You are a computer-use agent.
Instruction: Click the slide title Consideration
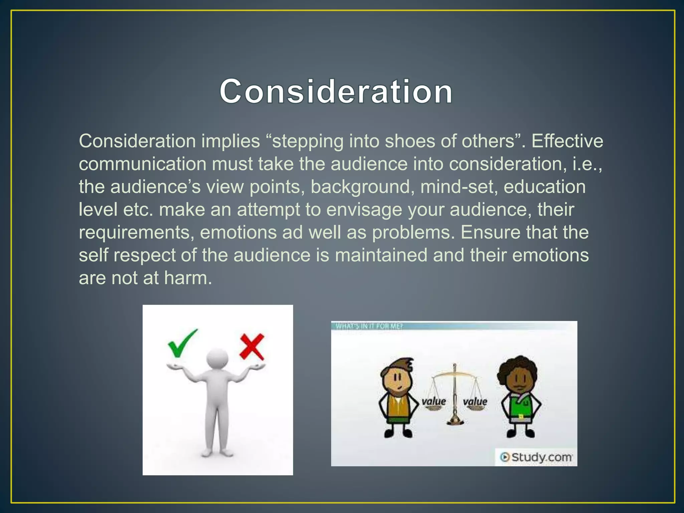(x=336, y=92)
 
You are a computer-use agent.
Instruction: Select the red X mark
(x=252, y=347)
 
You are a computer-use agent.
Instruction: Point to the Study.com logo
(x=536, y=457)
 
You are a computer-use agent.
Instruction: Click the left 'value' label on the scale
(x=434, y=401)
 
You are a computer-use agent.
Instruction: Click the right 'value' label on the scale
(x=475, y=401)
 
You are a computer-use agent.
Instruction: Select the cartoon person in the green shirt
(x=520, y=397)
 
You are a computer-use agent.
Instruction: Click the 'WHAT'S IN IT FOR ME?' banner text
(x=369, y=326)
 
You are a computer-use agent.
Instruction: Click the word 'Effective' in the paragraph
(x=567, y=141)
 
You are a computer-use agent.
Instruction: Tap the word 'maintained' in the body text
(x=381, y=255)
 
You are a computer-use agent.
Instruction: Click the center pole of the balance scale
(x=454, y=394)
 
